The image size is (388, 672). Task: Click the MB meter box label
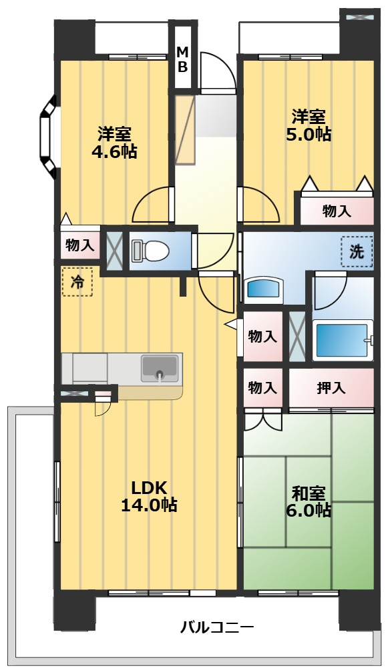coord(183,59)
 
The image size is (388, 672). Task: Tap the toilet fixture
coord(150,250)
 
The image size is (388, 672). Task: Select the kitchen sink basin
coord(159,368)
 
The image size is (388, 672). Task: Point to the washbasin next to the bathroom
coord(264,290)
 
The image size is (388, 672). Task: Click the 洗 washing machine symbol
coord(357,252)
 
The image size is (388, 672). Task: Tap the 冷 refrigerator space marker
coord(77,281)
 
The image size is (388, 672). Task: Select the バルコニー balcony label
coord(217,628)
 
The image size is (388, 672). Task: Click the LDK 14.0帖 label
coord(148,496)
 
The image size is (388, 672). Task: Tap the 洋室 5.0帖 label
coord(309,125)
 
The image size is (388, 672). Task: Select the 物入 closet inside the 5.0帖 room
coord(337,211)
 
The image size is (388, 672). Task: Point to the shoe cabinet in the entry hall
coord(185,130)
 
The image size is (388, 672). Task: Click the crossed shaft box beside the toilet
coord(114,251)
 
